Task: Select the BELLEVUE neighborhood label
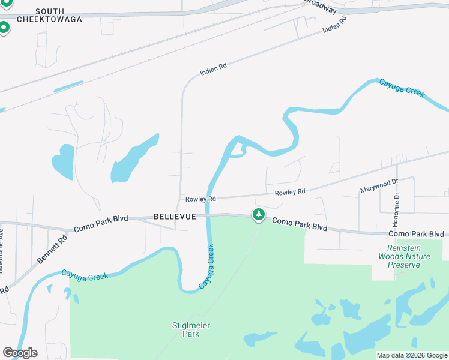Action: pyautogui.click(x=175, y=216)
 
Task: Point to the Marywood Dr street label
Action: pyautogui.click(x=379, y=186)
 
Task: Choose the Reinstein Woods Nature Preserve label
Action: pyautogui.click(x=403, y=256)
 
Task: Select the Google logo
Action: pyautogui.click(x=20, y=353)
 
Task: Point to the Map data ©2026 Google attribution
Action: pyautogui.click(x=412, y=355)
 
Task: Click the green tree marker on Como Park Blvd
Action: pyautogui.click(x=258, y=214)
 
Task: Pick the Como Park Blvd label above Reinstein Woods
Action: pyautogui.click(x=416, y=234)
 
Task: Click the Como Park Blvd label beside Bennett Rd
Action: pyautogui.click(x=101, y=224)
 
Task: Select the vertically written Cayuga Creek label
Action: pyautogui.click(x=206, y=266)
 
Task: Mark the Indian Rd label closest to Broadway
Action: pyautogui.click(x=334, y=25)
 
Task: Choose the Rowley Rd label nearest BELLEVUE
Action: pyautogui.click(x=200, y=199)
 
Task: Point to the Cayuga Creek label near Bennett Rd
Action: pyautogui.click(x=84, y=276)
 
